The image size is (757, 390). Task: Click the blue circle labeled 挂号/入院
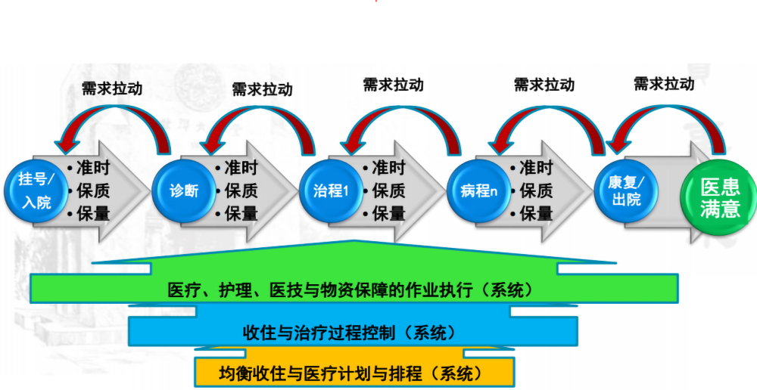coord(37,190)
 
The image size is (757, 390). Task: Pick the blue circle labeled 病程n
coord(478,190)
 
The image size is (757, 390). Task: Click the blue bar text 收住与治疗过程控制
coord(349,332)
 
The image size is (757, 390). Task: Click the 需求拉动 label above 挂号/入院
coord(112,88)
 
